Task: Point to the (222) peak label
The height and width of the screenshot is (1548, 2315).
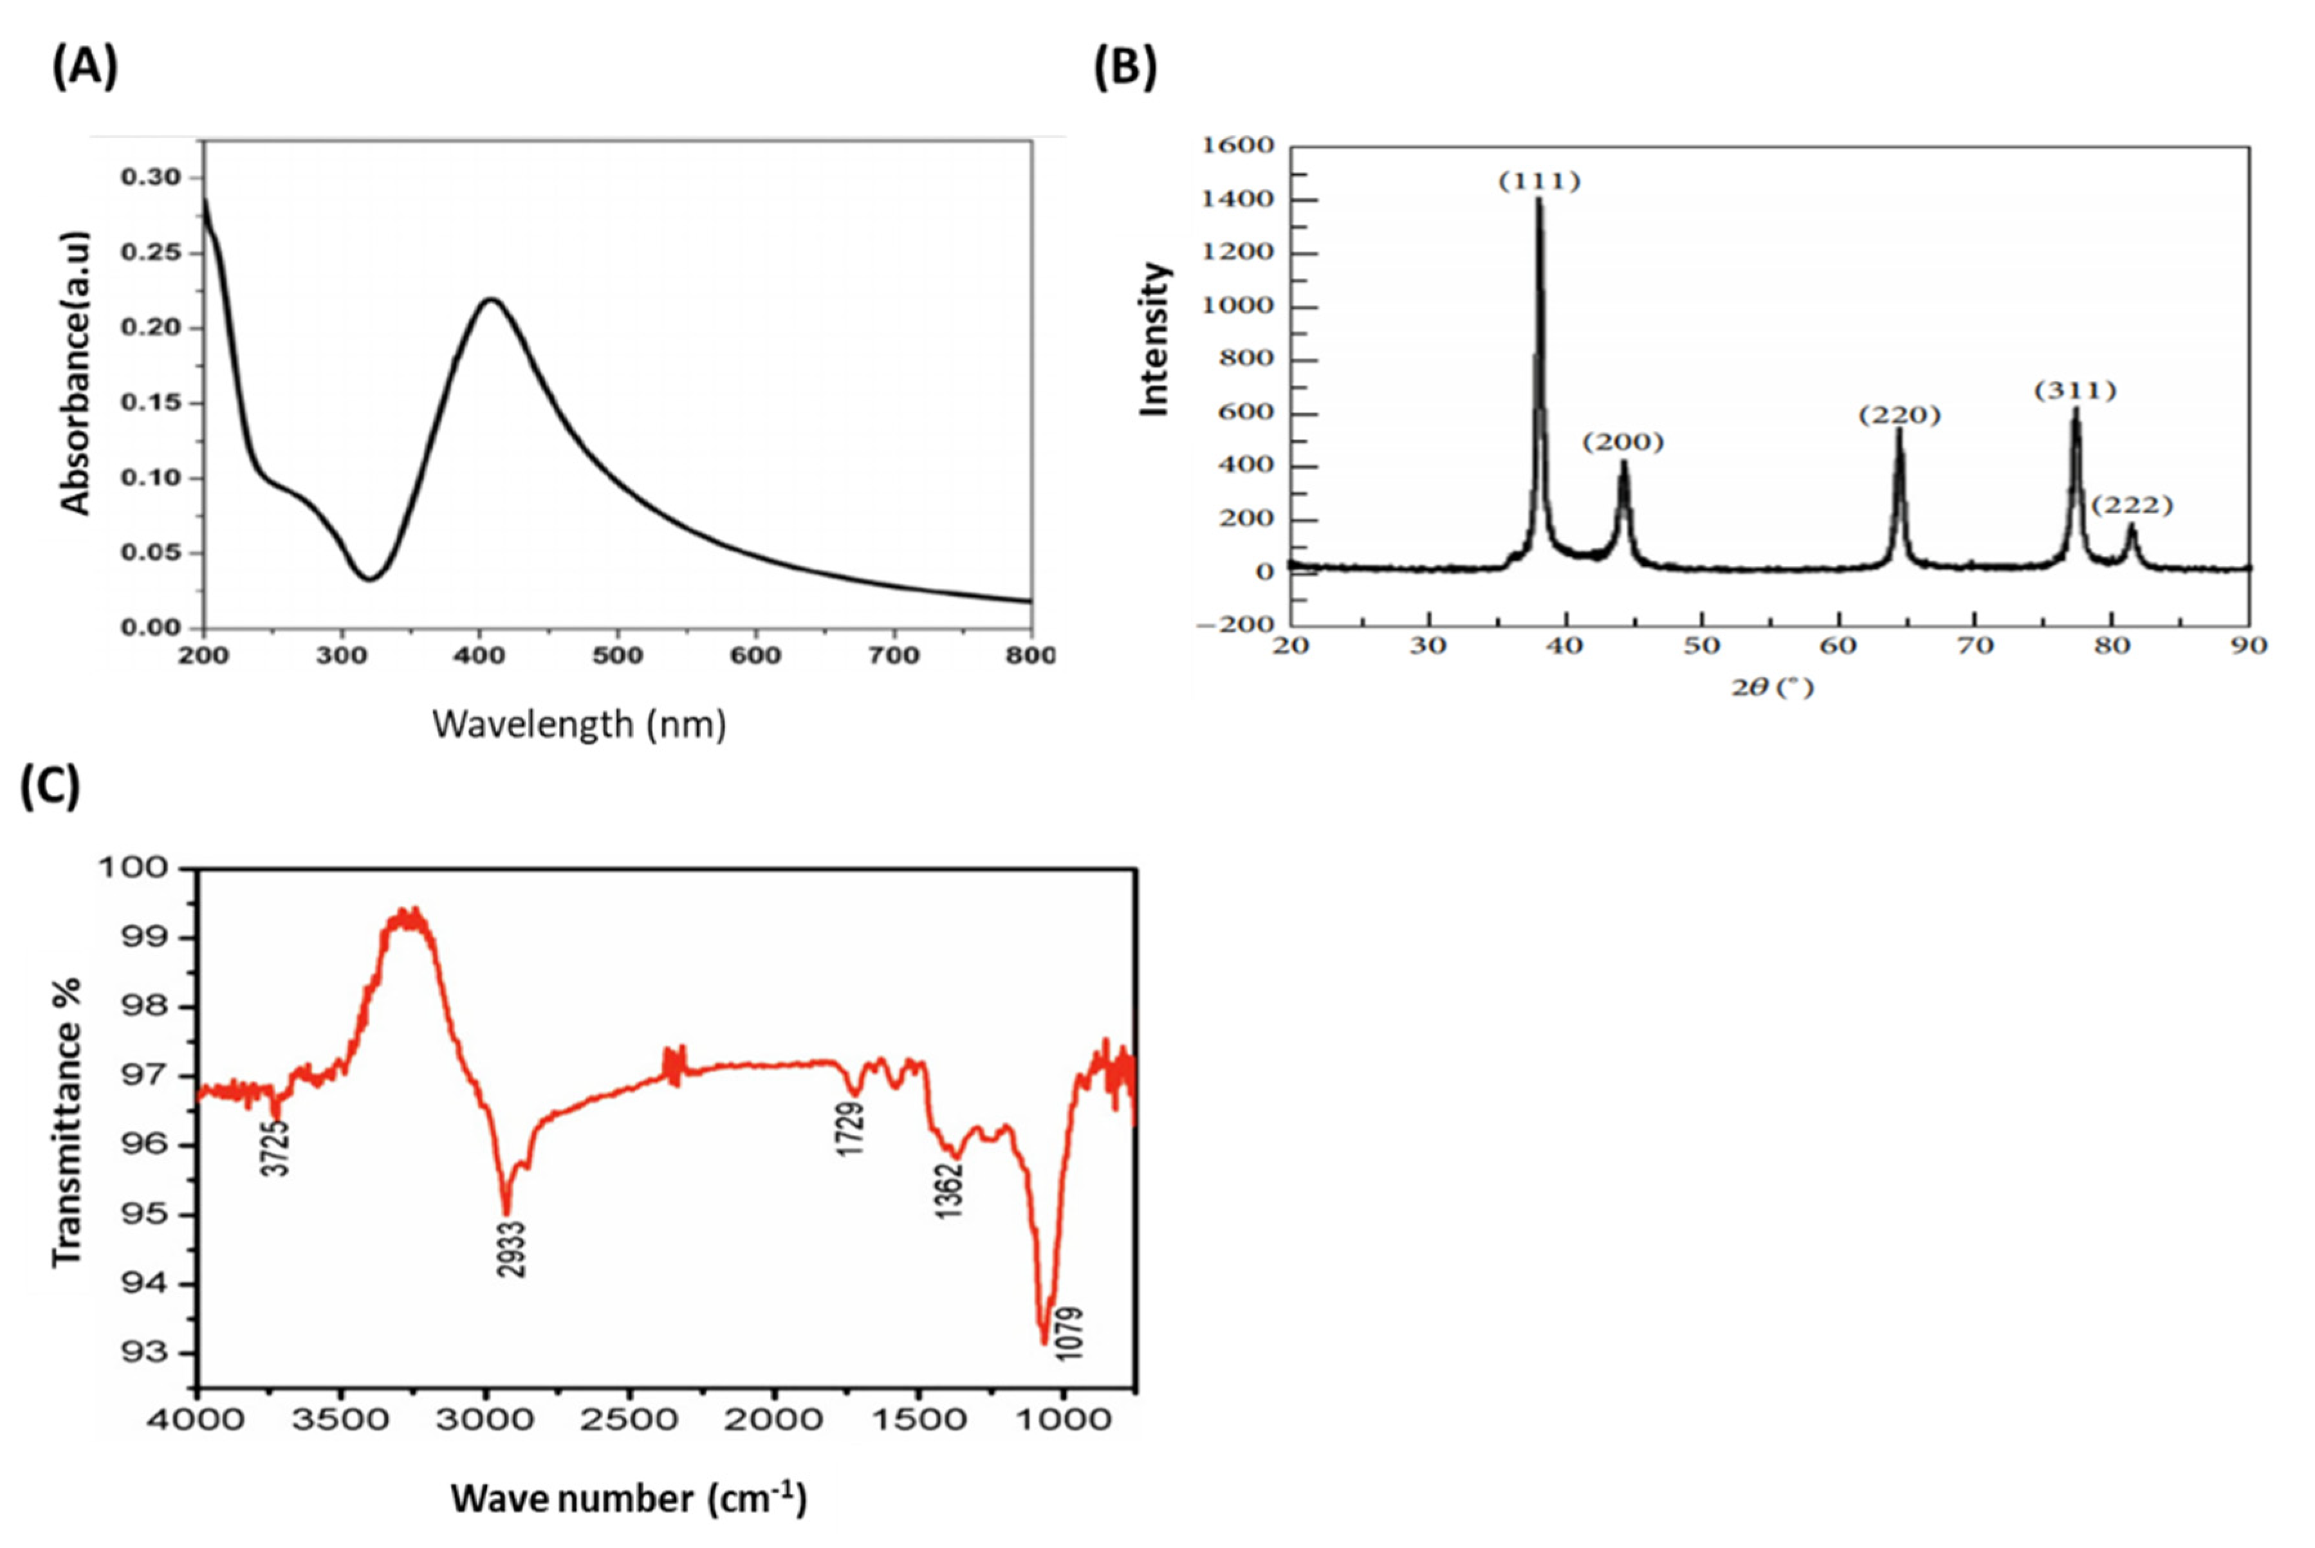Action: point(2132,506)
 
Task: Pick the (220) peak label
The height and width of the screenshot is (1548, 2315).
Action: point(1899,416)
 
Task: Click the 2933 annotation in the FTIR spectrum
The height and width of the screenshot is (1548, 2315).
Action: point(512,1250)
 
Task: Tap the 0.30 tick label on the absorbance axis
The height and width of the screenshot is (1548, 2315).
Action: point(151,178)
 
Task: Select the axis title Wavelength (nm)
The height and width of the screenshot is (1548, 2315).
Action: point(580,724)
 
